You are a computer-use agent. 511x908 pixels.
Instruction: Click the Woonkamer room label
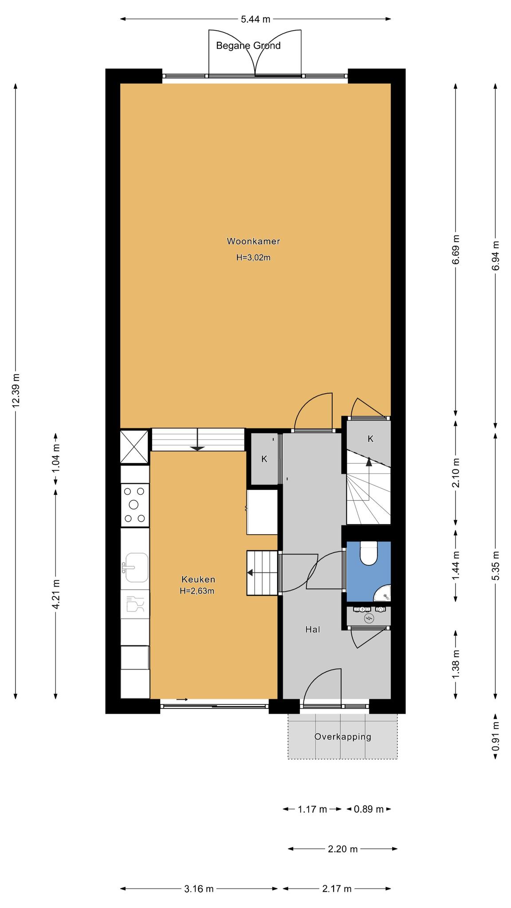coord(253,242)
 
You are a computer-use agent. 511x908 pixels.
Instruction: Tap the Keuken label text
coord(198,579)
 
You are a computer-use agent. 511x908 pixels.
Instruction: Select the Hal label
coord(313,629)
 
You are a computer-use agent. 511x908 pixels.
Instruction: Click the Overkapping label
coord(342,737)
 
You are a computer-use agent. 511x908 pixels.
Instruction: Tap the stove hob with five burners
coord(135,505)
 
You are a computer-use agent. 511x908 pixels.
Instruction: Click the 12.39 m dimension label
coord(16,390)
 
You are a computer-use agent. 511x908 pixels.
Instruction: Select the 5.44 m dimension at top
coord(255,19)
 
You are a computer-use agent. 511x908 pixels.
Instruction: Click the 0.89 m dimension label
coord(369,809)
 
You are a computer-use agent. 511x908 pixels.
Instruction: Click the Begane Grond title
coord(248,46)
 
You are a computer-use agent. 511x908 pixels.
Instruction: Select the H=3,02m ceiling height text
coord(253,257)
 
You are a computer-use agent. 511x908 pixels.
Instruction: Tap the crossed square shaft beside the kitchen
coord(134,446)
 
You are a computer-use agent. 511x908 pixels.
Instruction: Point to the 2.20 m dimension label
coord(342,849)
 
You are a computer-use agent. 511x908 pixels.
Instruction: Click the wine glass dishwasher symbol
coord(135,604)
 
